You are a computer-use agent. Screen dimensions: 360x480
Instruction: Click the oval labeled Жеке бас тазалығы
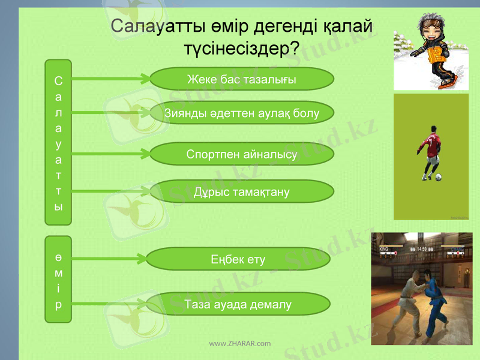click(x=241, y=79)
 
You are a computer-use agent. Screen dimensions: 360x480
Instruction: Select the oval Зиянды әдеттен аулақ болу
click(x=241, y=112)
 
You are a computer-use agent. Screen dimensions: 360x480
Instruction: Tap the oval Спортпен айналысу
click(x=241, y=154)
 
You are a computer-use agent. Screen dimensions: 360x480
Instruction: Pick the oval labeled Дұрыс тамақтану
click(x=241, y=192)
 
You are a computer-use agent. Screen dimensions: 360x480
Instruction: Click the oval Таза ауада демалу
click(x=238, y=304)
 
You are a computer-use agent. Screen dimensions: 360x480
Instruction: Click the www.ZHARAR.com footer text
click(x=239, y=344)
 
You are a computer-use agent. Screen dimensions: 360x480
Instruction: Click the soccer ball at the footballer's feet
click(x=439, y=177)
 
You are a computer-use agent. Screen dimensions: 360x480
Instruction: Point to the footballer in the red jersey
click(x=430, y=150)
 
